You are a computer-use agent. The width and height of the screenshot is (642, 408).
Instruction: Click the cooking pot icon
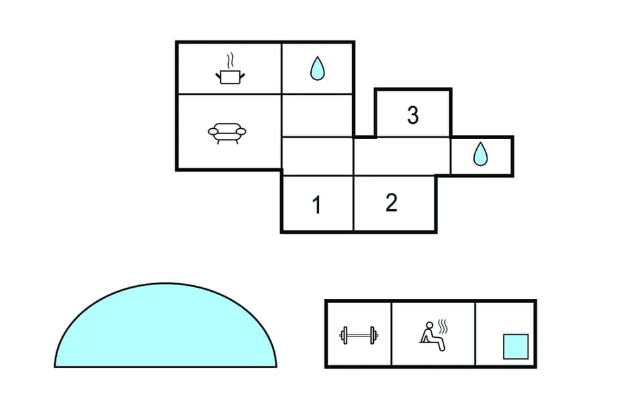tap(230, 76)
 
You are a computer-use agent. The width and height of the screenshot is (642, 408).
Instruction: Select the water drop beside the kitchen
tap(317, 69)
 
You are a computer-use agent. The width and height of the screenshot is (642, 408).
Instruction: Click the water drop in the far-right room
tap(480, 156)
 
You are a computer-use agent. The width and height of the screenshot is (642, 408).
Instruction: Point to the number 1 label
tap(317, 205)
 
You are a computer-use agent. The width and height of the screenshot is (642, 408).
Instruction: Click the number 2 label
tap(392, 202)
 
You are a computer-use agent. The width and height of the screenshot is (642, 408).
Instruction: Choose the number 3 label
tap(413, 116)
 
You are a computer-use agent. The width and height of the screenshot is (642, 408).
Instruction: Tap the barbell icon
tap(358, 335)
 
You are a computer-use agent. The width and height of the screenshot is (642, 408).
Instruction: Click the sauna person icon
tap(433, 334)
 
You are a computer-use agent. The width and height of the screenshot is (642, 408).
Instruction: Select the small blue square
tap(516, 346)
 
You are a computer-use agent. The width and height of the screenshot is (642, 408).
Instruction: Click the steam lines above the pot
tap(230, 59)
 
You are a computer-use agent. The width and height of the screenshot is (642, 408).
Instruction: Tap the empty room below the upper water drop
tap(317, 115)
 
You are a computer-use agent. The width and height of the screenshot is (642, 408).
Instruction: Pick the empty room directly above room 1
tap(317, 156)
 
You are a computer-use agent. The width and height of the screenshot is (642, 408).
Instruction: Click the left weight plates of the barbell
tap(345, 335)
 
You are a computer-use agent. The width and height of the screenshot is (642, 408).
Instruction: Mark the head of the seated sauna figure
tap(429, 325)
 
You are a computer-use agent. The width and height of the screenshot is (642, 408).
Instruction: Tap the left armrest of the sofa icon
tap(212, 131)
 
